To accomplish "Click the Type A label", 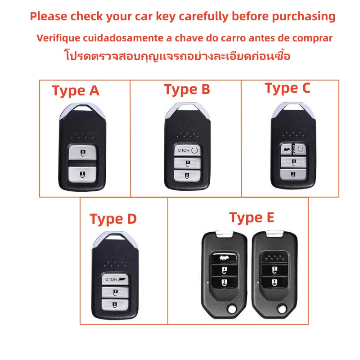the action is pyautogui.click(x=76, y=91).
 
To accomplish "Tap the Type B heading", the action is pyautogui.click(x=187, y=89).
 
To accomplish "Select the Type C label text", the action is pyautogui.click(x=288, y=88).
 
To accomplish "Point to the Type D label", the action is pyautogui.click(x=113, y=219).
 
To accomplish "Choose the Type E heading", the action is pyautogui.click(x=252, y=218).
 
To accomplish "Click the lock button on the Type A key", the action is pyautogui.click(x=82, y=175).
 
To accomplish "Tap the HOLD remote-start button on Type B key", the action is pyautogui.click(x=187, y=150).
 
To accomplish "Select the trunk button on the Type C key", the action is pyautogui.click(x=286, y=150).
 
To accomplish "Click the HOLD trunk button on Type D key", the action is pyautogui.click(x=115, y=279).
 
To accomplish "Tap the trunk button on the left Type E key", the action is pyautogui.click(x=224, y=258).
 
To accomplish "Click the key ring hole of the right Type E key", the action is pyautogui.click(x=282, y=309).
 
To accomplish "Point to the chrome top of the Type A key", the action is pyautogui.click(x=83, y=110).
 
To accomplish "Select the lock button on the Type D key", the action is pyautogui.click(x=115, y=305).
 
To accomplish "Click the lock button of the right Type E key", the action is pyautogui.click(x=274, y=283).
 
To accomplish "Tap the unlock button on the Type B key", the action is pyautogui.click(x=187, y=163).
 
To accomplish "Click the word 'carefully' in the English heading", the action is pyautogui.click(x=204, y=17).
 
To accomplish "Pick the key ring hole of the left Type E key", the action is pyautogui.click(x=232, y=309).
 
